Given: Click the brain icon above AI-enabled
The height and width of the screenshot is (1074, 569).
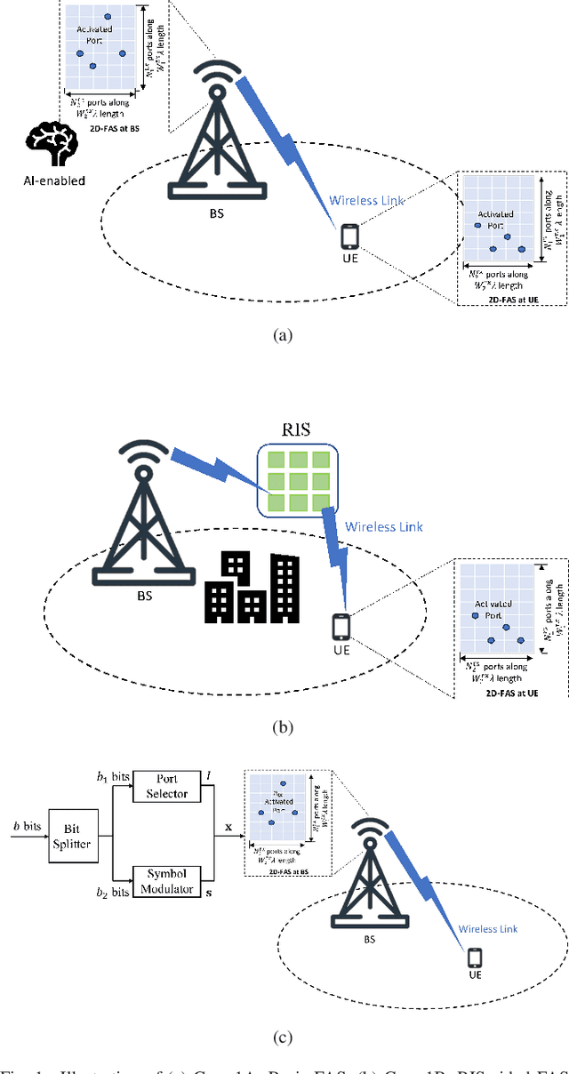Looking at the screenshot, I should point(52,144).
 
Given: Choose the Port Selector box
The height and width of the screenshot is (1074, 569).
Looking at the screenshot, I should point(167,786).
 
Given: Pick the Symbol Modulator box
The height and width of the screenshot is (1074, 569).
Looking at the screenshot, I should point(167,881).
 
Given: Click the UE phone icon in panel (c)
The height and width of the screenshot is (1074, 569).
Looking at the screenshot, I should point(477,958).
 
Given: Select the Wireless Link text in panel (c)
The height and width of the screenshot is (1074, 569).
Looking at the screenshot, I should point(488,928).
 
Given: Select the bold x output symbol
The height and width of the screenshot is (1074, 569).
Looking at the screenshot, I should point(228,826).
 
